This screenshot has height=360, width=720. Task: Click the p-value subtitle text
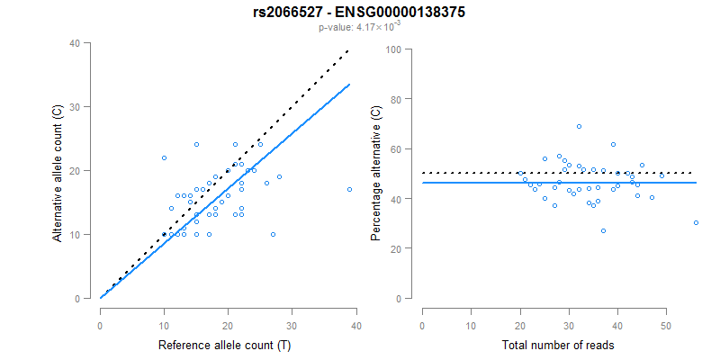(x=360, y=27)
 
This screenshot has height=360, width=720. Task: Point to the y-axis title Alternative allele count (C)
(x=58, y=171)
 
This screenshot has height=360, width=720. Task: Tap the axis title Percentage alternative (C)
(x=377, y=171)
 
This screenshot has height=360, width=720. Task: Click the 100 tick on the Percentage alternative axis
(x=392, y=49)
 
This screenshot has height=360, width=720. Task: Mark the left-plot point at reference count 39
(x=349, y=189)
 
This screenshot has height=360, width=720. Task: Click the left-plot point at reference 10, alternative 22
(x=164, y=157)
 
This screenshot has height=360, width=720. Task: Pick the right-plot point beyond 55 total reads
(x=697, y=222)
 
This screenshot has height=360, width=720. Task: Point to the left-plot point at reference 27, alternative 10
(x=273, y=234)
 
